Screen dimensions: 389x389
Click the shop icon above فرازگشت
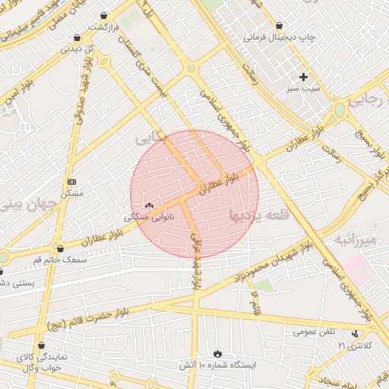(103, 15)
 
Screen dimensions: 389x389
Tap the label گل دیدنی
(77, 49)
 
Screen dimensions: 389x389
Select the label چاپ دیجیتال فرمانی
(278, 36)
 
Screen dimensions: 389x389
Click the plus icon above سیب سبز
(304, 77)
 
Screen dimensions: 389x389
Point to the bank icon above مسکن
(72, 182)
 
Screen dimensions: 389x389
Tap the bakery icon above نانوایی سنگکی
(149, 205)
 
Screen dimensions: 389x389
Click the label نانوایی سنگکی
(149, 217)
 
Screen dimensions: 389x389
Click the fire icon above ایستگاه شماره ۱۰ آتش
(218, 353)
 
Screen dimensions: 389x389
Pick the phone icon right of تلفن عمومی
(355, 334)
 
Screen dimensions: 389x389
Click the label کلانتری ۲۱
(356, 346)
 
